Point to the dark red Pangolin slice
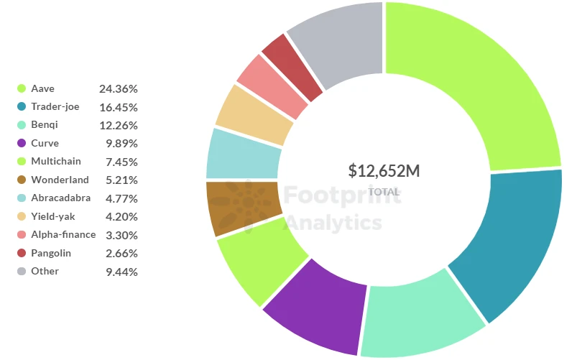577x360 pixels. click(x=285, y=63)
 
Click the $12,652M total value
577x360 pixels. click(x=384, y=171)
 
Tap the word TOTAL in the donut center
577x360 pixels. click(x=384, y=192)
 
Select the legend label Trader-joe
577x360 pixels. click(x=55, y=106)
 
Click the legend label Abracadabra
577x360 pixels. click(x=60, y=198)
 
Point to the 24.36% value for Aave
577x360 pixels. click(x=118, y=88)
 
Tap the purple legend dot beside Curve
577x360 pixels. click(x=22, y=143)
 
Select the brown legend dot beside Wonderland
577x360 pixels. click(x=22, y=180)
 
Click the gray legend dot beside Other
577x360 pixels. click(x=22, y=271)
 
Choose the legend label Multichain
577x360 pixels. click(x=55, y=162)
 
